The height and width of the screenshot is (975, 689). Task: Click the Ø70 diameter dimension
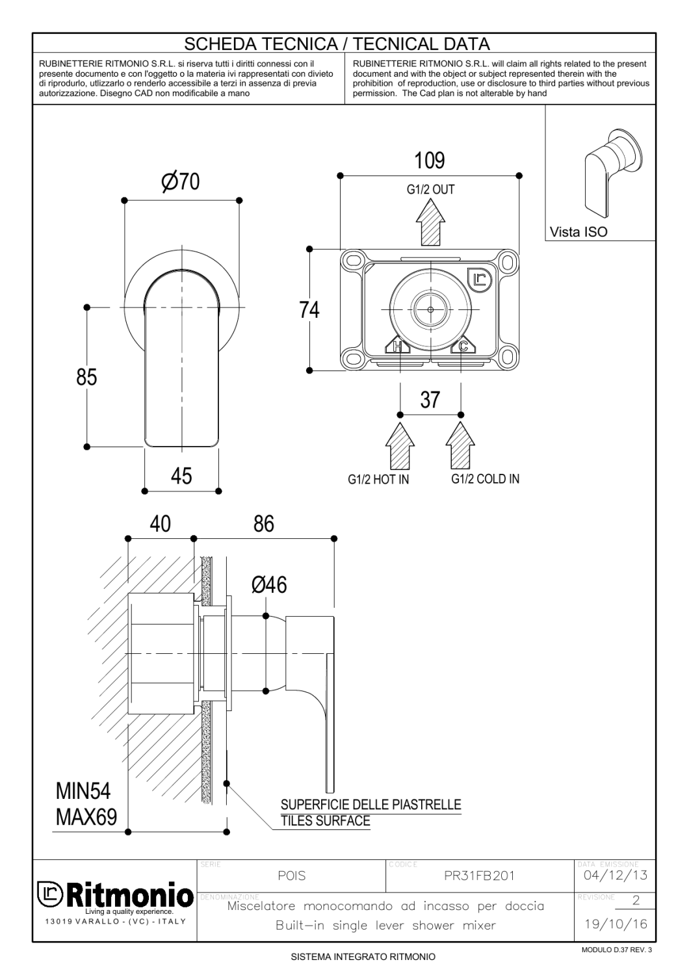point(180,181)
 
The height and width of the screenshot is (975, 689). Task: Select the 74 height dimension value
point(309,310)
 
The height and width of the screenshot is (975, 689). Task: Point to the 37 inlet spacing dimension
point(430,400)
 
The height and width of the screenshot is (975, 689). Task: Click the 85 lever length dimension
point(86,377)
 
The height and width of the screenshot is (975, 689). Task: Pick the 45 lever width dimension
point(181,476)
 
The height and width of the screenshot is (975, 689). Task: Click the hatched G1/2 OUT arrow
point(430,222)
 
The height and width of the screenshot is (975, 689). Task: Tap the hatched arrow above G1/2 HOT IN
point(400,446)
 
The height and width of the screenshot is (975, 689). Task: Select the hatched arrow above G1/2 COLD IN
point(460,446)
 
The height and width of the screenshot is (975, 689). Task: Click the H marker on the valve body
point(397,346)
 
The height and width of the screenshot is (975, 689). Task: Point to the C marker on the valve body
point(463,346)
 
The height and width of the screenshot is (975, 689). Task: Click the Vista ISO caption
point(578,231)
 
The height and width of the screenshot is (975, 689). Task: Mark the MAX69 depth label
point(86,817)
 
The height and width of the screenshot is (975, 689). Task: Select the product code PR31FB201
point(479,876)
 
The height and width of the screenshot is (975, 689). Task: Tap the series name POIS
point(292,876)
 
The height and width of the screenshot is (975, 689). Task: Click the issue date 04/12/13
point(616,874)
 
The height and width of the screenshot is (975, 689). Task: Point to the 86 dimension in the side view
point(264,524)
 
